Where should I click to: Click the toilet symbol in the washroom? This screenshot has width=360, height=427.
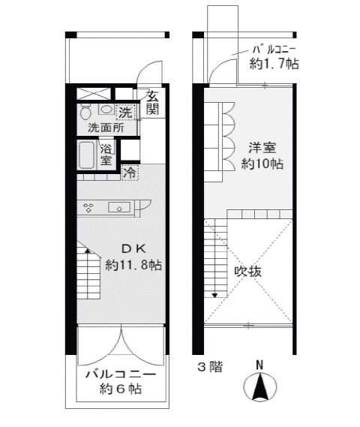(x=86, y=112)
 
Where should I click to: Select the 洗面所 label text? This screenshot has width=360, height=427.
(x=106, y=128)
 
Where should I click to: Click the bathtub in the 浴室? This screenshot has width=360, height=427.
(x=86, y=155)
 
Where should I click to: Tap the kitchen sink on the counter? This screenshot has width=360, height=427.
(x=120, y=207)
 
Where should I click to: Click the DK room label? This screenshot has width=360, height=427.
(x=134, y=248)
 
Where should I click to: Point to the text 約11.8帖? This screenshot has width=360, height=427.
(x=133, y=265)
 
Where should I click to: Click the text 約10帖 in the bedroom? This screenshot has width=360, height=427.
(x=262, y=164)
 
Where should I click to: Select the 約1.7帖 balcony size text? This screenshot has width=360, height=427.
(x=274, y=65)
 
